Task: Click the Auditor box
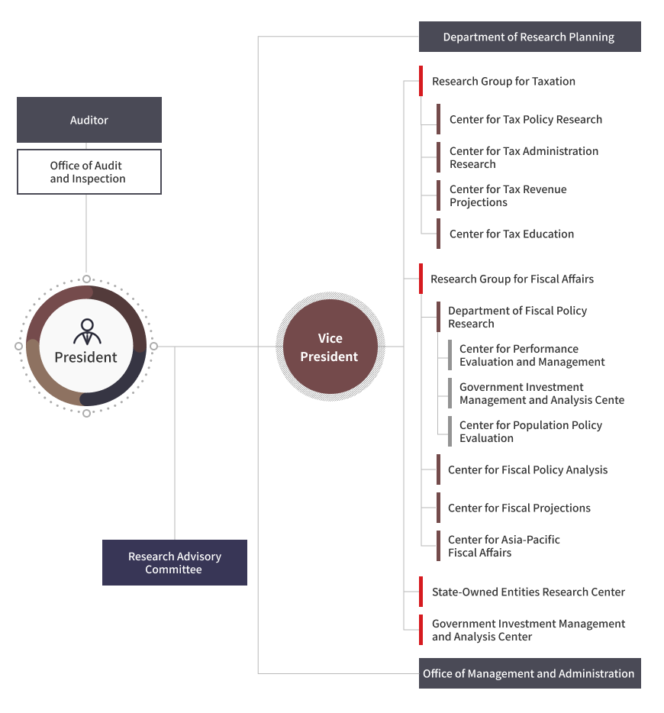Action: coord(89,120)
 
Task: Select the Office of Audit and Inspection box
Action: coord(89,172)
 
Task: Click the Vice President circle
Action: coord(330,347)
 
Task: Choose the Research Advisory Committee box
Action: coord(175,563)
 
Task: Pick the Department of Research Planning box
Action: coord(530,37)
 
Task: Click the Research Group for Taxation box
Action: coord(530,81)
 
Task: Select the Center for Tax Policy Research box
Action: coord(539,119)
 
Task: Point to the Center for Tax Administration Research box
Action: coord(539,157)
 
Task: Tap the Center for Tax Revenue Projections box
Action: coord(539,195)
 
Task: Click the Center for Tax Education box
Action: coord(539,234)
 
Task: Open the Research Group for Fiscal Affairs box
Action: coord(530,279)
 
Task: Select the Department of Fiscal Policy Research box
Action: coord(538,317)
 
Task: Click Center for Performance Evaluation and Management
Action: coord(543,355)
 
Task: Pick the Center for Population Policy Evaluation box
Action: coord(543,431)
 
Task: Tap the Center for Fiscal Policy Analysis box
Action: coord(538,469)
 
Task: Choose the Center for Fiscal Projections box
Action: coord(538,508)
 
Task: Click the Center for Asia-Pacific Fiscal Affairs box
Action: coord(538,546)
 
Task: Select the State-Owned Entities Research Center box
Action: coord(530,592)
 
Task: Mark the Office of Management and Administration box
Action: coord(530,673)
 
